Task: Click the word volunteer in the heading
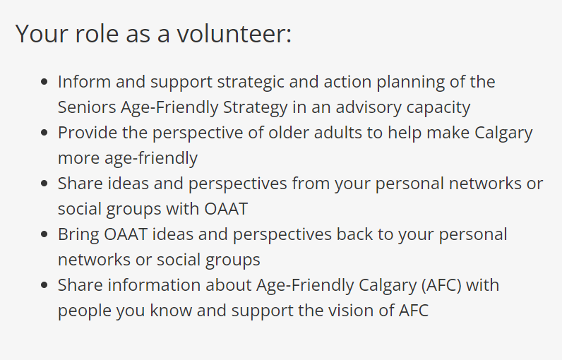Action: tap(234, 34)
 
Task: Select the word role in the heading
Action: tap(97, 34)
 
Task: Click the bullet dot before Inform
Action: tap(44, 82)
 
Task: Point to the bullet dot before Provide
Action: tap(44, 133)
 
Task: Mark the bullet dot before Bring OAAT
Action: tap(44, 234)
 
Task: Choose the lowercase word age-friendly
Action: tap(151, 159)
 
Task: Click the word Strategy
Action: tap(255, 108)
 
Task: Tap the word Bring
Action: tap(78, 235)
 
